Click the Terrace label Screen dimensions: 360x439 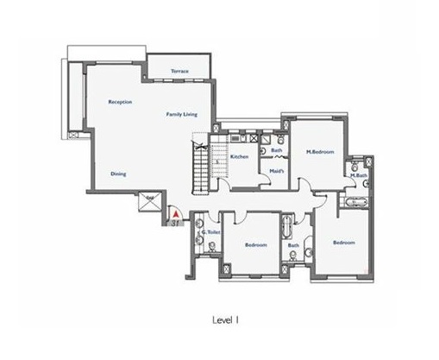[179, 71]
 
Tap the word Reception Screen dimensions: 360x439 [120, 102]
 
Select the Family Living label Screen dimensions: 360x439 [181, 114]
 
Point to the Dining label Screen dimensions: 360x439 [118, 174]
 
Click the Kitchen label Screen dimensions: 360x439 [240, 156]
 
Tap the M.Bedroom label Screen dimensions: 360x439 [319, 152]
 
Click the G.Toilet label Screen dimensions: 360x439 [208, 231]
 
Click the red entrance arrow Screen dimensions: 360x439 [174, 211]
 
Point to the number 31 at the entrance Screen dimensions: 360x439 [175, 222]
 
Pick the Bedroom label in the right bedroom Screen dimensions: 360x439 [344, 243]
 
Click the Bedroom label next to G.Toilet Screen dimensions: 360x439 [256, 244]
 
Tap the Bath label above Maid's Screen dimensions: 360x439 [277, 151]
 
